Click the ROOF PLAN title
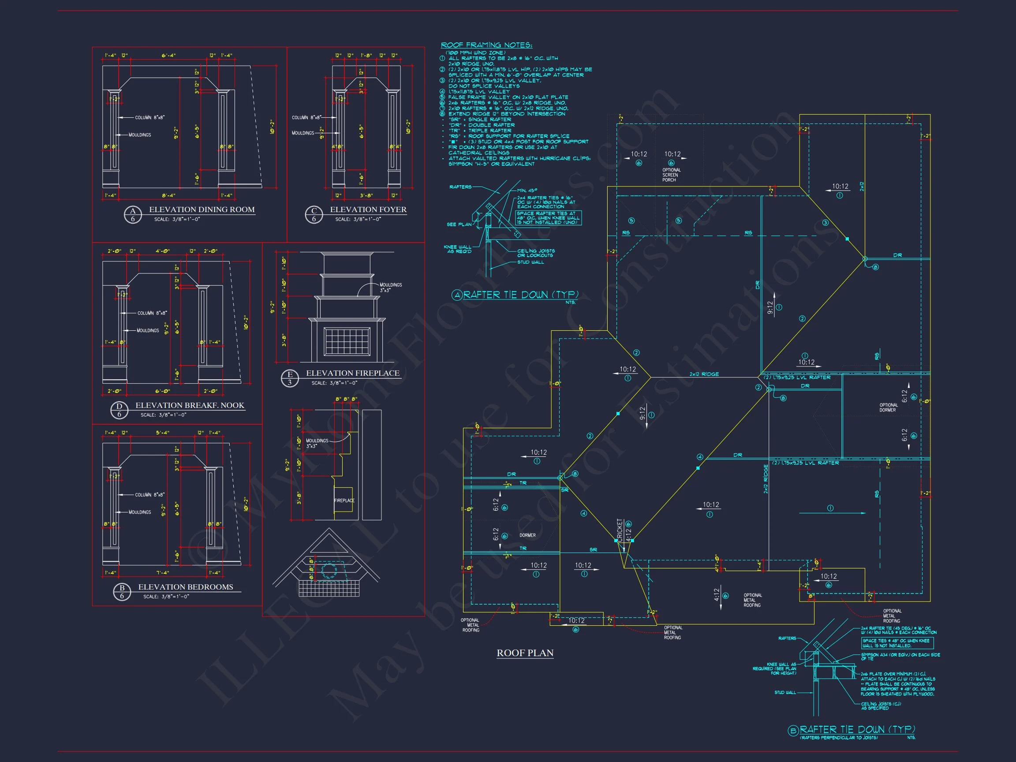point(525,653)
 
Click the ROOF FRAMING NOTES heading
point(486,45)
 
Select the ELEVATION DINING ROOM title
point(202,209)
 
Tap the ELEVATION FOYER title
point(368,209)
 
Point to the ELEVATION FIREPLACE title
point(352,373)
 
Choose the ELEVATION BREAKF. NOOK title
point(190,405)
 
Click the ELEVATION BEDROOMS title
point(186,587)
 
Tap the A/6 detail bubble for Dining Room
point(133,214)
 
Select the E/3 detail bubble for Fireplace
point(289,378)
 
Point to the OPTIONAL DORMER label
point(888,407)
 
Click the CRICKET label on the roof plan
point(620,530)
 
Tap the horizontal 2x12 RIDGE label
point(704,374)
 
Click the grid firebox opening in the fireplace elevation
point(347,341)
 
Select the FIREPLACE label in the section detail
point(344,501)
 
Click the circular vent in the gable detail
point(329,571)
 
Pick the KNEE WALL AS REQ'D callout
point(457,249)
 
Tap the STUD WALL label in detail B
point(785,692)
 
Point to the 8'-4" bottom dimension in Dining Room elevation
point(168,195)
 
